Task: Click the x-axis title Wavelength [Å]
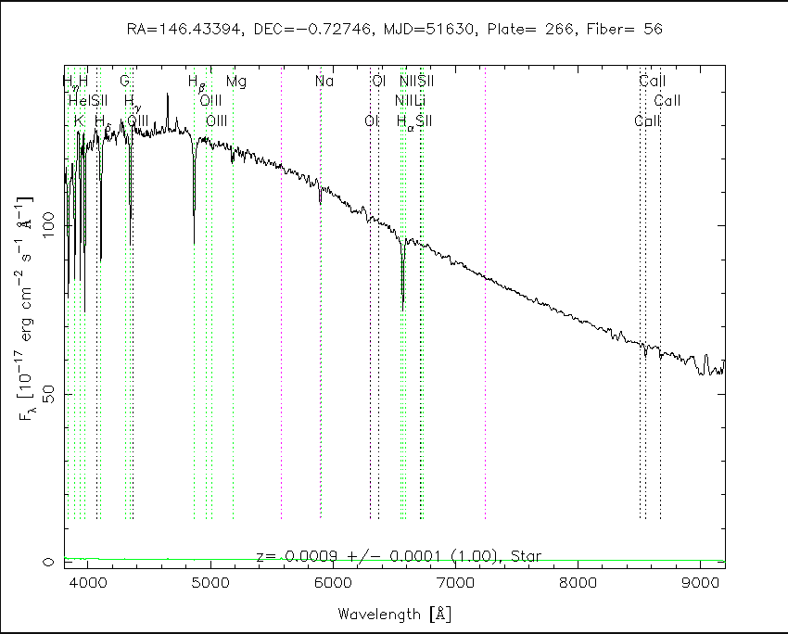pyautogui.click(x=394, y=614)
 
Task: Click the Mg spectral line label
pyautogui.click(x=236, y=82)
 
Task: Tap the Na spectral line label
pyautogui.click(x=324, y=82)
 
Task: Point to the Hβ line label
pyautogui.click(x=196, y=82)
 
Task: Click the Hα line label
pyautogui.click(x=405, y=121)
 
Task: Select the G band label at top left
pyautogui.click(x=125, y=82)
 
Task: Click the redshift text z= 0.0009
pyautogui.click(x=286, y=556)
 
